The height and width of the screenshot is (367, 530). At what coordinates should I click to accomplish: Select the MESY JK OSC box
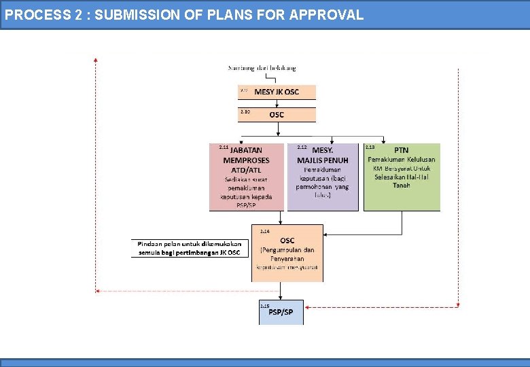(277, 92)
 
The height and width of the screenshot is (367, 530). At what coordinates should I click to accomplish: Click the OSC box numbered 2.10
(277, 114)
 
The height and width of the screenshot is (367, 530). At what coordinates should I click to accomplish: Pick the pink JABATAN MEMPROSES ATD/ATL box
(247, 177)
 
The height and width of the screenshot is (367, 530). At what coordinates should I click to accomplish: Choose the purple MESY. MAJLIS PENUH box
(323, 177)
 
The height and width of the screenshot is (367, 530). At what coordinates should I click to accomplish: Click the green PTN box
(402, 177)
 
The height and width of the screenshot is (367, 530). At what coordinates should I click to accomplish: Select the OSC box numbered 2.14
(287, 253)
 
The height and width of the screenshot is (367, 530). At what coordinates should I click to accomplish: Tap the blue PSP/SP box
(281, 313)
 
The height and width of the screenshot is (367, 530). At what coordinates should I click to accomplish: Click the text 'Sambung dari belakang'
(262, 68)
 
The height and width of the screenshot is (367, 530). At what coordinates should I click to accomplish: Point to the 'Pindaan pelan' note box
(190, 248)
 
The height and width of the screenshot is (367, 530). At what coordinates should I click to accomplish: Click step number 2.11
(224, 147)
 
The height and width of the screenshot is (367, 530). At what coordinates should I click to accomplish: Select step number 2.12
(302, 147)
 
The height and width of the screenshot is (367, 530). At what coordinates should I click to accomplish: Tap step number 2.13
(370, 147)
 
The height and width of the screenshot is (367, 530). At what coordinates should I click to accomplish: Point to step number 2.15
(265, 306)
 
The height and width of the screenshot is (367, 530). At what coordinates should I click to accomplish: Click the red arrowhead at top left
(96, 60)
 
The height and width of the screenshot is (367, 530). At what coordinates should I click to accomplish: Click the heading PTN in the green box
(402, 150)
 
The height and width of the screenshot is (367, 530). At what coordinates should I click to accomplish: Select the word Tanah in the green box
(402, 186)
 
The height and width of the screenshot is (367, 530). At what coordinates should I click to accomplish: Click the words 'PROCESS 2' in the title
(38, 14)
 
